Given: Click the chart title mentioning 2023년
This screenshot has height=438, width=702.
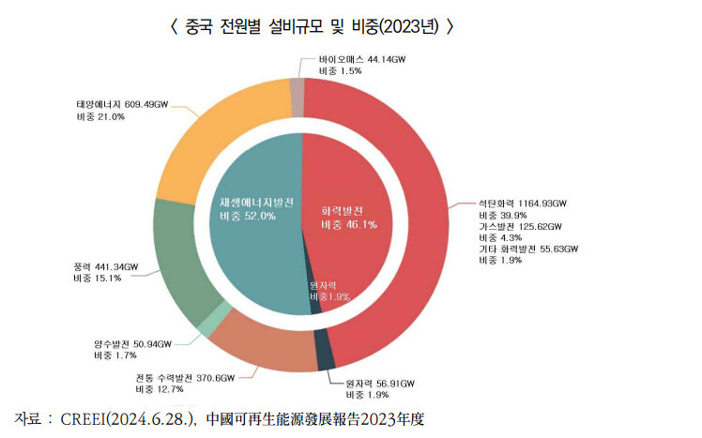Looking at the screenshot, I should [313, 26].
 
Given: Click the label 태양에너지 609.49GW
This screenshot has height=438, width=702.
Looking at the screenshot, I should [119, 104].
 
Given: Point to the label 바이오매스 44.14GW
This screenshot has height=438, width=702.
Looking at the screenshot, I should [362, 58].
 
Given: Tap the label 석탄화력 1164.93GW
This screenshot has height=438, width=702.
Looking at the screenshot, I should [523, 203].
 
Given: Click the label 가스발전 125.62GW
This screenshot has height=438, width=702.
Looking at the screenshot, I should [519, 226].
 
